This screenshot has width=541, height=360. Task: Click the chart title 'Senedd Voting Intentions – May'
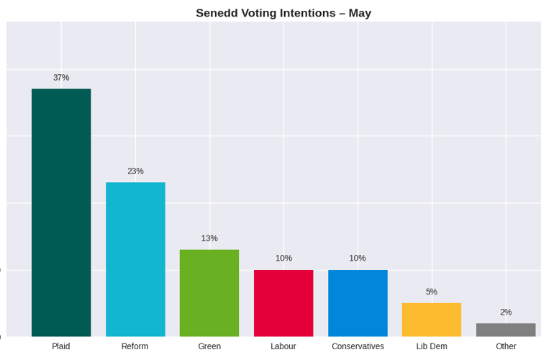coord(283,13)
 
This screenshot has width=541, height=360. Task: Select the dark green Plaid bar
coord(61,212)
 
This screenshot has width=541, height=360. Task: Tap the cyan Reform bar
coord(135,259)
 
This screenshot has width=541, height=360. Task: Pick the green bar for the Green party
coord(209,293)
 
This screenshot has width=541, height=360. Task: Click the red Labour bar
coord(283,303)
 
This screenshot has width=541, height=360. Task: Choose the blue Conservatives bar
coord(358,303)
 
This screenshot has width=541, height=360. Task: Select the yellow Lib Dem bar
coord(432,320)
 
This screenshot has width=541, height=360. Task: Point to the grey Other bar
coord(506,330)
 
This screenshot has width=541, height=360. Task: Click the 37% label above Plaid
coord(61,78)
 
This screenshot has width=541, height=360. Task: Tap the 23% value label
coord(135,171)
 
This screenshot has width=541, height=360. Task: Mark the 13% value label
coord(209,238)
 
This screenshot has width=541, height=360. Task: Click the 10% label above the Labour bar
coord(283,258)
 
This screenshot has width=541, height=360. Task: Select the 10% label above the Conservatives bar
coord(358,258)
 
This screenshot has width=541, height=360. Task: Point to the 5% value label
coord(432,292)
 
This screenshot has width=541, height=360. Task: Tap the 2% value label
coord(506,312)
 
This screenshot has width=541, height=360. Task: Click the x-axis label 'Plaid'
coord(61,346)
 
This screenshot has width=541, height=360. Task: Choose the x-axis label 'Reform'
coord(135,346)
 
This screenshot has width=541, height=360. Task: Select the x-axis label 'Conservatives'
coord(358,346)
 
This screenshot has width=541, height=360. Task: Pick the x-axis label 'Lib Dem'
coord(432,346)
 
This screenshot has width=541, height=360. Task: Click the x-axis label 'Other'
coord(506,346)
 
